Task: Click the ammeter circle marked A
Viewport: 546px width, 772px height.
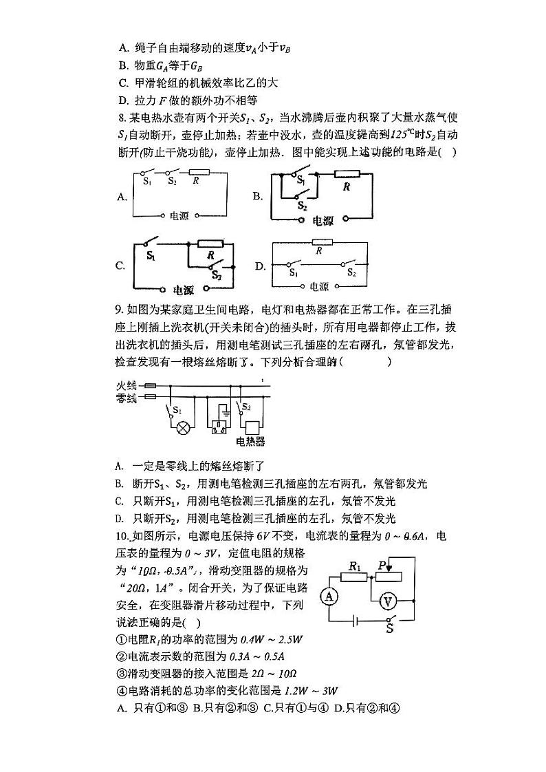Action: pos(329,596)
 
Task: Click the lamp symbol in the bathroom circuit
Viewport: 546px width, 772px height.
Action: pos(184,429)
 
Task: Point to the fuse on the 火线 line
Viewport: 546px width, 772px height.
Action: pos(147,387)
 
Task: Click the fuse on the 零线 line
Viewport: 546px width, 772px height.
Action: pos(147,397)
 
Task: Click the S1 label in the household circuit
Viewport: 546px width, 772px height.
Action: pos(177,410)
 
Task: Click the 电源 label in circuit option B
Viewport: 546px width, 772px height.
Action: pos(323,221)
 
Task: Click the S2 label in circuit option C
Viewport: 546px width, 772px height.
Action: pos(217,275)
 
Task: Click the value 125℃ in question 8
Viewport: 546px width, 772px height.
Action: pos(404,135)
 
